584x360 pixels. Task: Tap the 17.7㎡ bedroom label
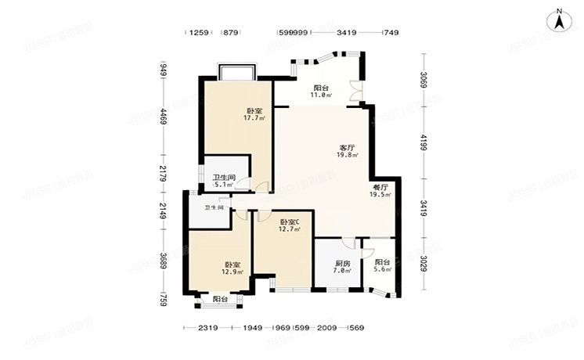coord(254,114)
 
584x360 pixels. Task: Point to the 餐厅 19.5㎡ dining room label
coord(380,191)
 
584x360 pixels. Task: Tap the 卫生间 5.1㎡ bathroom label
coord(224,182)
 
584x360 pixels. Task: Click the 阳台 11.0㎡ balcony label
coord(321,92)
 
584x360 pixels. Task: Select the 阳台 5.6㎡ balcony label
coord(381,267)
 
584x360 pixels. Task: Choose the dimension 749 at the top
coord(391,33)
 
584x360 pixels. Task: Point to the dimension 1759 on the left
coord(163,299)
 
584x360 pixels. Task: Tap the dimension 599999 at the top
coord(292,33)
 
